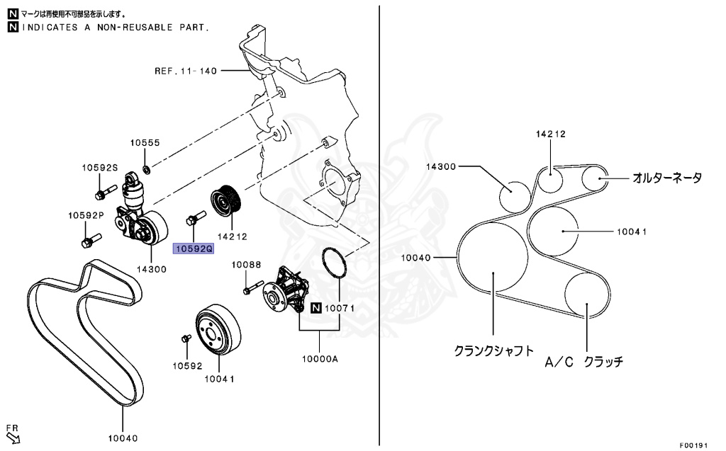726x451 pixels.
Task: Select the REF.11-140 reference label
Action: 186,71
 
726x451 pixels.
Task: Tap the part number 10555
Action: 145,142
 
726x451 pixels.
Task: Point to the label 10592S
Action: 99,168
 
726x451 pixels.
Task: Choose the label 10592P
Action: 86,215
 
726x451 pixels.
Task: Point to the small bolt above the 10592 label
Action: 186,338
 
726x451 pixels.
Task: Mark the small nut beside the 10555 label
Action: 147,169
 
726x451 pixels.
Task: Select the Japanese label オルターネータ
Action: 667,178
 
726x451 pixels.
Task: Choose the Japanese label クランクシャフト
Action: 493,350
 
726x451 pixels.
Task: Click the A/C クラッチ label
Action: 583,362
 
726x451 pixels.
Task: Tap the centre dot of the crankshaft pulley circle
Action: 493,272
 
